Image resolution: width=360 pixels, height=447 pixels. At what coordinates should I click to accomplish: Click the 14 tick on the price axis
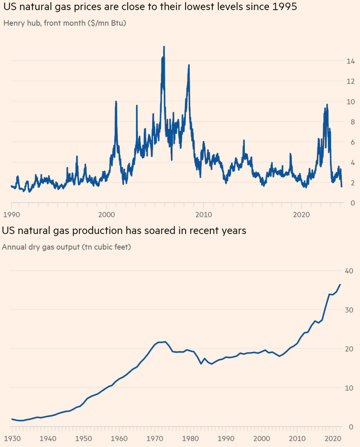350,61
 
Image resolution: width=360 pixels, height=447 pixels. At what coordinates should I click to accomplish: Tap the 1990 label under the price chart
12,213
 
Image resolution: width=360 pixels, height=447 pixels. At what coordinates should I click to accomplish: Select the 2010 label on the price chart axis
204,213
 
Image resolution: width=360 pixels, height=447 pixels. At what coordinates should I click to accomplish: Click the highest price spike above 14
164,47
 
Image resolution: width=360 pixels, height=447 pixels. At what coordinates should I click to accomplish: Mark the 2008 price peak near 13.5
189,65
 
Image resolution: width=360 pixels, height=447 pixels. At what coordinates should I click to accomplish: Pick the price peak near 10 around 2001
116,102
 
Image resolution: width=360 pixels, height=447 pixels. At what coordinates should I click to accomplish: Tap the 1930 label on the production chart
12,439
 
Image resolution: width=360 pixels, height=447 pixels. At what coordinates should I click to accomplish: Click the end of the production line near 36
339,285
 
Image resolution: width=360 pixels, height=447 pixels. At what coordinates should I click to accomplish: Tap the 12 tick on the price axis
350,82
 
